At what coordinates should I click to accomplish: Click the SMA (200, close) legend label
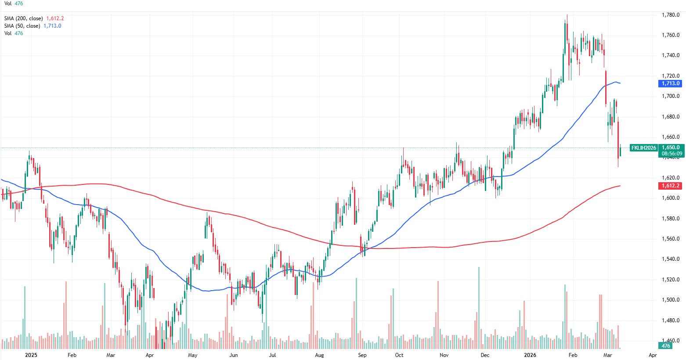23,18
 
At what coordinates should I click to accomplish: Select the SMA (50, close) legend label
22,26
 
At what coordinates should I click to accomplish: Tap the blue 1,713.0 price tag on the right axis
671,83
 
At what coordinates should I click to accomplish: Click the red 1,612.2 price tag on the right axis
671,186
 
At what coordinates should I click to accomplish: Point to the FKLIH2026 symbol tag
643,148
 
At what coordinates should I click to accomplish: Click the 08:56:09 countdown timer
672,154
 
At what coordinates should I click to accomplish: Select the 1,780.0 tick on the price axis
671,15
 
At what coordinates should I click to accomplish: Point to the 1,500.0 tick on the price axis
671,300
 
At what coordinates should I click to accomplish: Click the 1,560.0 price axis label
671,239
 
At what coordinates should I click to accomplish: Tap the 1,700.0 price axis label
671,96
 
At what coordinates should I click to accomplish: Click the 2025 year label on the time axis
31,355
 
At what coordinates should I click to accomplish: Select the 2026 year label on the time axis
531,355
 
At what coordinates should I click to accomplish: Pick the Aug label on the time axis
319,355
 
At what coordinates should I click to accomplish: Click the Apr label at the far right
653,355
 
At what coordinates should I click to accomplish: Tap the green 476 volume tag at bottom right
666,346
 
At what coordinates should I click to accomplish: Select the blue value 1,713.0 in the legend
52,26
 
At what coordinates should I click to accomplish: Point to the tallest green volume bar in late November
479,307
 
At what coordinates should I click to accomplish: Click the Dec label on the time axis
485,355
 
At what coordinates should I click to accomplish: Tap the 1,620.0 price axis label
671,178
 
